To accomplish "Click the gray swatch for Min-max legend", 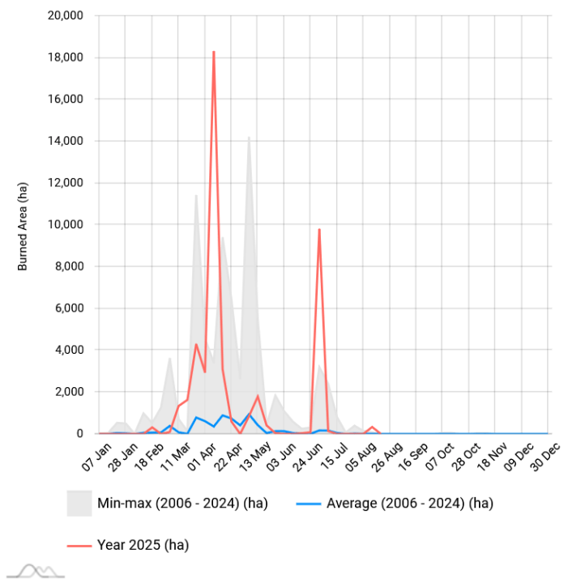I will tap(79, 503).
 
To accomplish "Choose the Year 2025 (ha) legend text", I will tap(142, 545).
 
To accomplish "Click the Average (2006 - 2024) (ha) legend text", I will tap(409, 504).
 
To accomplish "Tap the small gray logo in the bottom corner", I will tap(41, 571).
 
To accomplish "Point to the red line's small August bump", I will tap(372, 427).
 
